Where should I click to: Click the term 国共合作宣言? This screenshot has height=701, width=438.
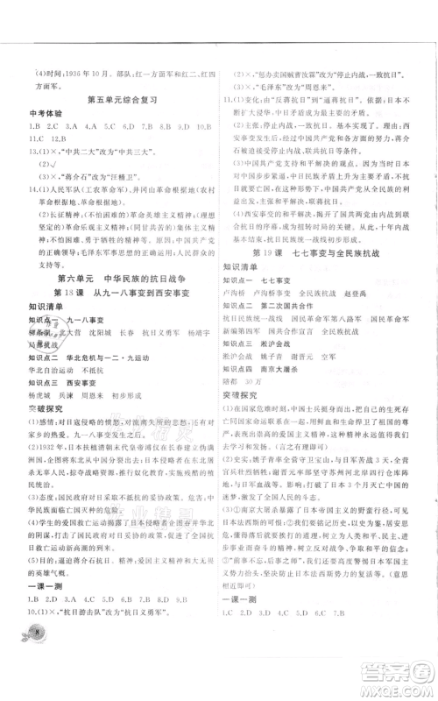click(x=306, y=321)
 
